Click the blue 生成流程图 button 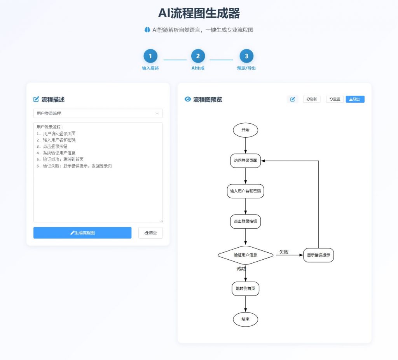pos(82,233)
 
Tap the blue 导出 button pos(355,99)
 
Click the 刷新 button pos(312,99)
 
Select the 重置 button pos(335,99)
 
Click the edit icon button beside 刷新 pos(292,99)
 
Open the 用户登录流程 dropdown pos(98,114)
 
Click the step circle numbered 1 pos(150,56)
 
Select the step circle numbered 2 pos(198,56)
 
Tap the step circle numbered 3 pos(246,56)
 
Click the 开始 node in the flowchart pos(246,130)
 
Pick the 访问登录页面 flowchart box pos(246,161)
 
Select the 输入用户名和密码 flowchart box pos(246,191)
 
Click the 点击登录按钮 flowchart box pos(246,222)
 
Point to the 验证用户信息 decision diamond pos(246,255)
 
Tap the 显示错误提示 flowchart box pos(318,255)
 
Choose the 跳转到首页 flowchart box pos(246,289)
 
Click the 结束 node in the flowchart pos(246,319)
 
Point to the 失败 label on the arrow pos(284,252)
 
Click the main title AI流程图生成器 pos(199,13)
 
